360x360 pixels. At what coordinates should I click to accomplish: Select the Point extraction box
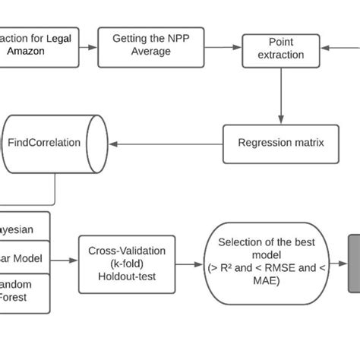pos(281,49)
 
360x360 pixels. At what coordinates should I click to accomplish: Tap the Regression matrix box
pos(280,144)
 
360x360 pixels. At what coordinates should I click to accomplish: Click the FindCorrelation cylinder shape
pos(55,143)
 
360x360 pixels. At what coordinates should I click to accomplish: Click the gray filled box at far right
pos(354,262)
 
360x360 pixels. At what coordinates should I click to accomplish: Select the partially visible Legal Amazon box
pos(38,47)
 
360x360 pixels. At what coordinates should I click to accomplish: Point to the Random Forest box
pos(25,292)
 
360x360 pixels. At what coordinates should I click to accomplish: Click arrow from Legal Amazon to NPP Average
pos(89,47)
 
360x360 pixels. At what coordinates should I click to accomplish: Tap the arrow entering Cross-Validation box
pos(65,261)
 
